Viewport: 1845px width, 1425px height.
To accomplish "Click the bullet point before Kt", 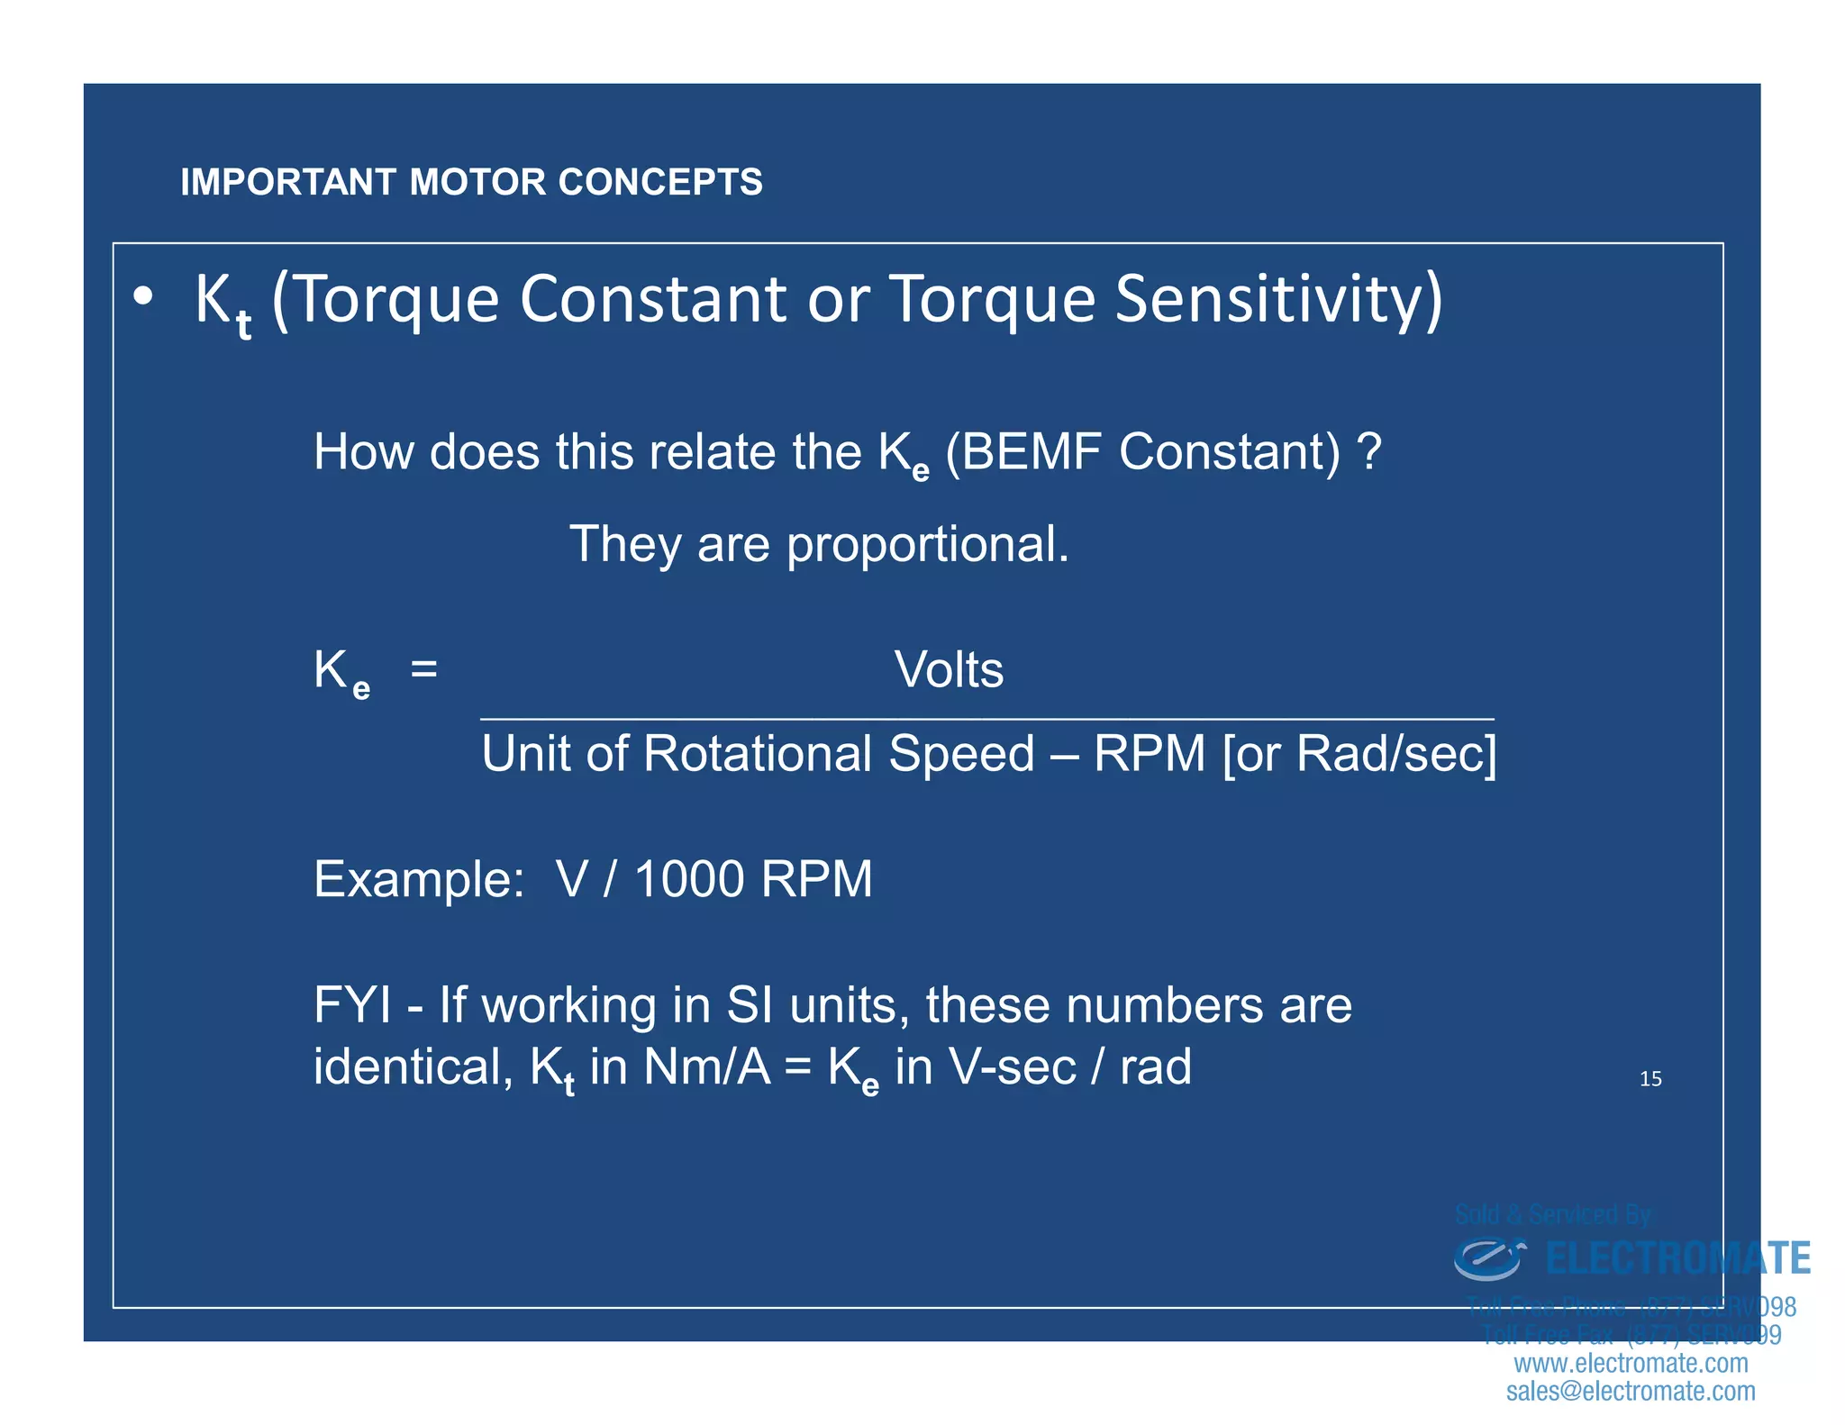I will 142,297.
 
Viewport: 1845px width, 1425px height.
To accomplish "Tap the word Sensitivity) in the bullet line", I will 1278,299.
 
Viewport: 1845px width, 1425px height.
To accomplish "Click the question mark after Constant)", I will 1368,451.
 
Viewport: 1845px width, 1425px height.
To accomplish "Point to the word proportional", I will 927,545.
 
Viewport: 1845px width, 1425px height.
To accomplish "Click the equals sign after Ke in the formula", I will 423,669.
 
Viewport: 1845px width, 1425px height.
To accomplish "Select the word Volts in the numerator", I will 949,670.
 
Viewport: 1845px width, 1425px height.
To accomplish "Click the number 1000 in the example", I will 689,879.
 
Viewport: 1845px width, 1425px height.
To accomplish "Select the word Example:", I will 419,879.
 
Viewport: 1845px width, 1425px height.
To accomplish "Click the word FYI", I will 352,1005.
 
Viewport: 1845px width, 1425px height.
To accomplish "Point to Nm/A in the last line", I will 707,1067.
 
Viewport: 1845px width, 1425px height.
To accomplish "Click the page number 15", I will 1650,1079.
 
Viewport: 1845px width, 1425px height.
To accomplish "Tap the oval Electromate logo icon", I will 1487,1259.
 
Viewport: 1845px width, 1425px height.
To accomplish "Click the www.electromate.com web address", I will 1631,1363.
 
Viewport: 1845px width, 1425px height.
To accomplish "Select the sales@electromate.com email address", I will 1631,1391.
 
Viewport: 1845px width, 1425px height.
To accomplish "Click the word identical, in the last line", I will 413,1067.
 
